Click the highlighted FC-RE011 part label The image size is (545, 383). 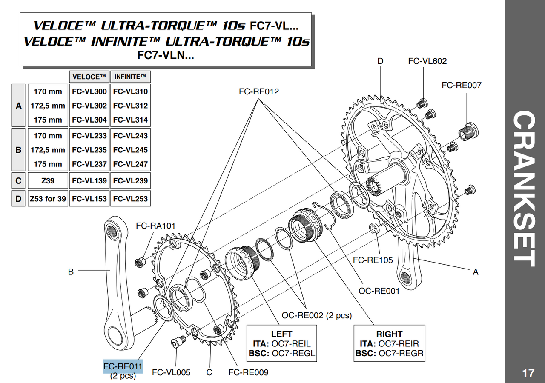[123, 366]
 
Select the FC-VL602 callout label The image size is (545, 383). [427, 61]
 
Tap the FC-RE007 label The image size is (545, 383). [462, 85]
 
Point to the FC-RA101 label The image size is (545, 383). [155, 226]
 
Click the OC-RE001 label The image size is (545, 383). [379, 292]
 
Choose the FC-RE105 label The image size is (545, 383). [373, 260]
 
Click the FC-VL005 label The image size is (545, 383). [171, 373]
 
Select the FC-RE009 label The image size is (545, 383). [248, 373]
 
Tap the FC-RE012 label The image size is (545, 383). [259, 91]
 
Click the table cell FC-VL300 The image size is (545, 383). [89, 91]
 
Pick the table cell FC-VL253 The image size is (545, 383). [130, 199]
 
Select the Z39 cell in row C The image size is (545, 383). [48, 181]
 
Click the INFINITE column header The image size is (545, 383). [130, 77]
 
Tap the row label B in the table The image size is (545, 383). [18, 150]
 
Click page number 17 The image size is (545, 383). [528, 373]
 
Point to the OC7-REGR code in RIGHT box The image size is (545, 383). [401, 353]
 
